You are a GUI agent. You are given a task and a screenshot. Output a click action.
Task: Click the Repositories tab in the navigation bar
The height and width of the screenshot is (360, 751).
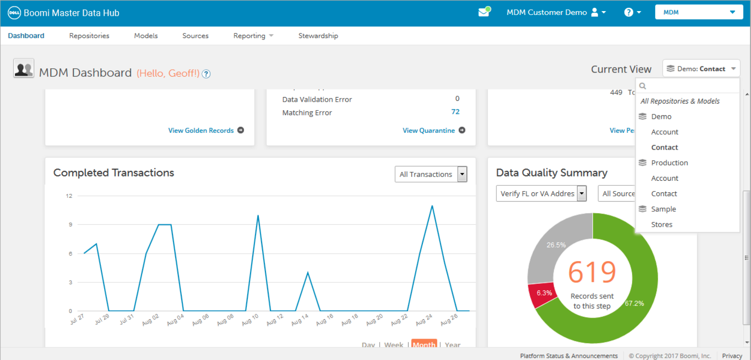(x=89, y=36)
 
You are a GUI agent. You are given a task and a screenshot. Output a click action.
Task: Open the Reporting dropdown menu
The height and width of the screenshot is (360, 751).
(x=253, y=36)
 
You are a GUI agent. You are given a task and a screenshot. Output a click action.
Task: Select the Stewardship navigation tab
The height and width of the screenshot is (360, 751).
(x=318, y=36)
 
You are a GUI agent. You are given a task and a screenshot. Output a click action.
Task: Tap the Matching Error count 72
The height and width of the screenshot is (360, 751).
(x=455, y=112)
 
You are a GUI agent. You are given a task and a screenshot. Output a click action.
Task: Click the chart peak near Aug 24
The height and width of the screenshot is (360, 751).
(x=432, y=206)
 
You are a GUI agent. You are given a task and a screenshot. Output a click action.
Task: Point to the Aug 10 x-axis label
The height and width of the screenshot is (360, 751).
(x=250, y=320)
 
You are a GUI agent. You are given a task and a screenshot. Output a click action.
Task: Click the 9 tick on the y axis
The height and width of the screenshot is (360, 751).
(x=71, y=224)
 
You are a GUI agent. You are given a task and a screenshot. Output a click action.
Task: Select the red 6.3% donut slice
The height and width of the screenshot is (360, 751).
(x=543, y=294)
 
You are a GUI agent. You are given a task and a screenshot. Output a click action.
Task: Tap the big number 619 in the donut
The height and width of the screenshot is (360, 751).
(x=592, y=272)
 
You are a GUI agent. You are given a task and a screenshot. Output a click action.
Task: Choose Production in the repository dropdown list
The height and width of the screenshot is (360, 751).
(x=669, y=163)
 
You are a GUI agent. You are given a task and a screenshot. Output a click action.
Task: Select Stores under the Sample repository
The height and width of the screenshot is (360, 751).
(x=661, y=224)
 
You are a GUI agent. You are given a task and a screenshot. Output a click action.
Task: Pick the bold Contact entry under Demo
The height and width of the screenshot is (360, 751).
(x=664, y=147)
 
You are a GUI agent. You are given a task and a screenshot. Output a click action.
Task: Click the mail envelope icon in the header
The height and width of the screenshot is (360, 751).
(x=484, y=12)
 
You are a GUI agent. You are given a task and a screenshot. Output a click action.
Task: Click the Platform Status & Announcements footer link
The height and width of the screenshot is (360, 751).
(x=569, y=356)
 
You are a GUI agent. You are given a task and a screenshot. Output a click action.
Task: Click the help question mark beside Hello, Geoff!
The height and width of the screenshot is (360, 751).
(x=206, y=74)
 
